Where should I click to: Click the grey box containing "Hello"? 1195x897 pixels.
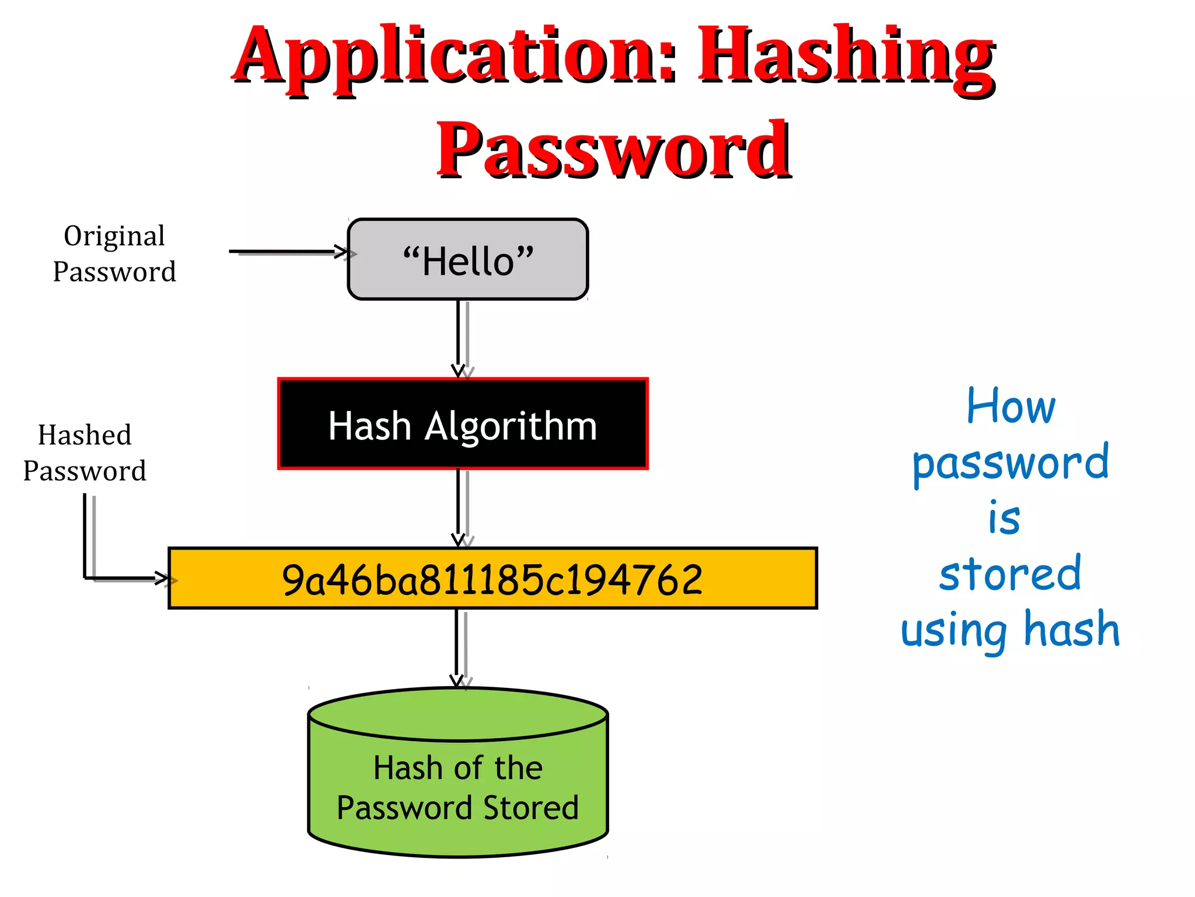click(467, 259)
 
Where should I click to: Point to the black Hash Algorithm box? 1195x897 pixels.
click(463, 424)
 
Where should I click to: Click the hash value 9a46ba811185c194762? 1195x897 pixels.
click(492, 579)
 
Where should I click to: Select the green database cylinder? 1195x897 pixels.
click(458, 771)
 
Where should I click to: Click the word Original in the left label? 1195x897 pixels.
click(114, 237)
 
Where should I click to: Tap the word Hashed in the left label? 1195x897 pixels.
click(85, 436)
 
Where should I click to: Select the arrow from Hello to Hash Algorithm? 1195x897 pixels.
click(459, 339)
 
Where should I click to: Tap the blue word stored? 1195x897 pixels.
click(1010, 574)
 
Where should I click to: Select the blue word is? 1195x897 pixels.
click(1004, 519)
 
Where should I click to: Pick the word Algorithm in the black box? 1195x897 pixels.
click(511, 426)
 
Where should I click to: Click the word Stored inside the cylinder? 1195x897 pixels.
click(530, 808)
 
